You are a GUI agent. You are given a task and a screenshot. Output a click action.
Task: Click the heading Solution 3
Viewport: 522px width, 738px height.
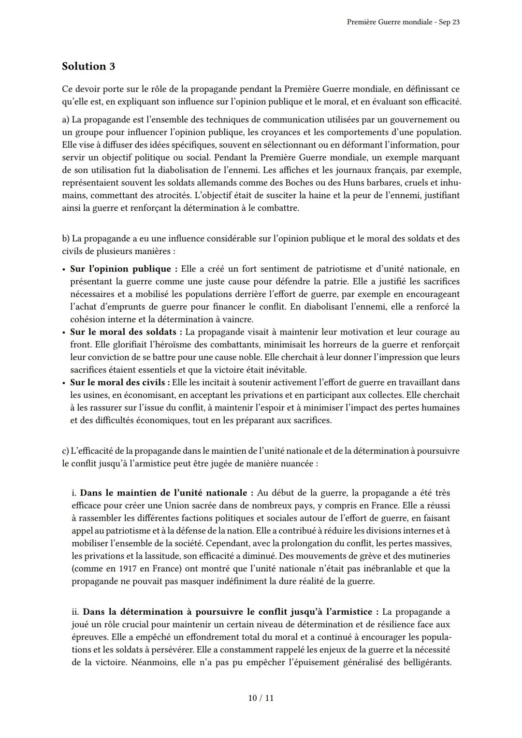coord(88,66)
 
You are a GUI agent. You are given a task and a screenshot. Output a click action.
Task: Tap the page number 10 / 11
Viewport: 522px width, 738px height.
coord(261,698)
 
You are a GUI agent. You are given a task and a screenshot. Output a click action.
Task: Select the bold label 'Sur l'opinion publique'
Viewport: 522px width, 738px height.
coord(123,269)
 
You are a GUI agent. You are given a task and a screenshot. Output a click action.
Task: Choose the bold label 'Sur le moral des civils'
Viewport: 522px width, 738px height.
coord(120,382)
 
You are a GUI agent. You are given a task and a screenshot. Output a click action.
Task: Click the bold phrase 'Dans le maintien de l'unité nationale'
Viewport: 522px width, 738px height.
coord(166,493)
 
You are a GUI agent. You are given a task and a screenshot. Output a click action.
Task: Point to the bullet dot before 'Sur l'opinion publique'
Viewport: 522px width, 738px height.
coord(64,269)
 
